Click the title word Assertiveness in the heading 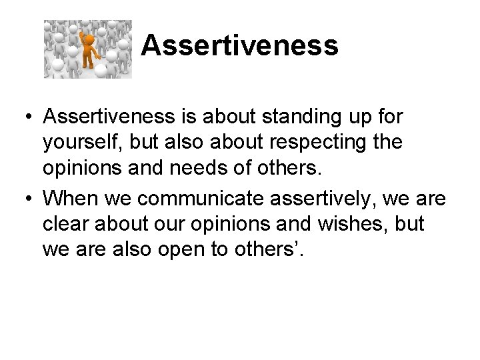pyautogui.click(x=239, y=47)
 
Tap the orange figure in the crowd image pyautogui.click(x=87, y=49)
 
